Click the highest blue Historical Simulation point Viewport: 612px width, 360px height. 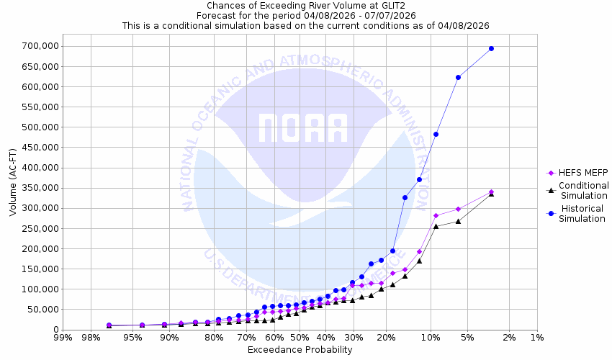click(x=491, y=48)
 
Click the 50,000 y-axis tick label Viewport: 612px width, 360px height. click(x=42, y=310)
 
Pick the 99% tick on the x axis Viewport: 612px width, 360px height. click(x=63, y=337)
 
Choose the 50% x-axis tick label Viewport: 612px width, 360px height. click(x=300, y=337)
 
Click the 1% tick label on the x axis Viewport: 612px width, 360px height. click(x=537, y=337)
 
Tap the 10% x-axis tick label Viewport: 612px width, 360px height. click(x=431, y=337)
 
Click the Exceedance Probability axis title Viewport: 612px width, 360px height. click(x=300, y=350)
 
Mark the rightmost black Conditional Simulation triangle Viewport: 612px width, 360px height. click(x=491, y=193)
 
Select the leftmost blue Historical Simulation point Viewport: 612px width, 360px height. click(x=109, y=325)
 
